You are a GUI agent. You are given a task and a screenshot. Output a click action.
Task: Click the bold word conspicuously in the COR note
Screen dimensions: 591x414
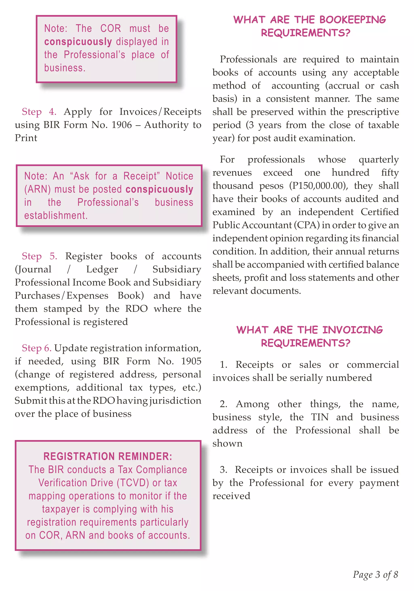tap(78, 42)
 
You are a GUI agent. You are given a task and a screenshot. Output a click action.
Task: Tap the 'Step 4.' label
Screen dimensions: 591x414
tap(39, 112)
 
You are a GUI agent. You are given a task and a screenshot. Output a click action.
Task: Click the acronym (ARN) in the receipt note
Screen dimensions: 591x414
tap(37, 189)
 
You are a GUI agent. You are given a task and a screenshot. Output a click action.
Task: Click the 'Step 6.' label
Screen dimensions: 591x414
tap(37, 348)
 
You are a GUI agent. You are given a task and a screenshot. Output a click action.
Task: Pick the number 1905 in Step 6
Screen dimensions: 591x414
tap(191, 361)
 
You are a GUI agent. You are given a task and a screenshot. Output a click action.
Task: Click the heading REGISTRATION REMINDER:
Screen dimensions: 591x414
tap(108, 456)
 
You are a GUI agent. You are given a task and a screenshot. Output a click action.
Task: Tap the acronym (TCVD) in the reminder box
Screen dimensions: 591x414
tap(133, 483)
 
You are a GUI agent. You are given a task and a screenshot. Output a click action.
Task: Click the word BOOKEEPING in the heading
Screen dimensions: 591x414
tap(352, 20)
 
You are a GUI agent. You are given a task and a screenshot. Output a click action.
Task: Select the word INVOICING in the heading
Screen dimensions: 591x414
tap(352, 330)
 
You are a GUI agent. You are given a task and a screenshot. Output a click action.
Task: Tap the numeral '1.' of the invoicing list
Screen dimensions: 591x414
tap(223, 365)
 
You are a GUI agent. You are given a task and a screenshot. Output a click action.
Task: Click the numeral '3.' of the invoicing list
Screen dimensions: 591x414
tap(223, 470)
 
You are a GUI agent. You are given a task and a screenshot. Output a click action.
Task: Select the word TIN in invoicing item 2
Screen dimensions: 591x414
tap(319, 417)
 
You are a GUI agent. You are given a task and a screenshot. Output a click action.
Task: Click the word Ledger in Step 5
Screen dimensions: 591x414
tap(102, 269)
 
